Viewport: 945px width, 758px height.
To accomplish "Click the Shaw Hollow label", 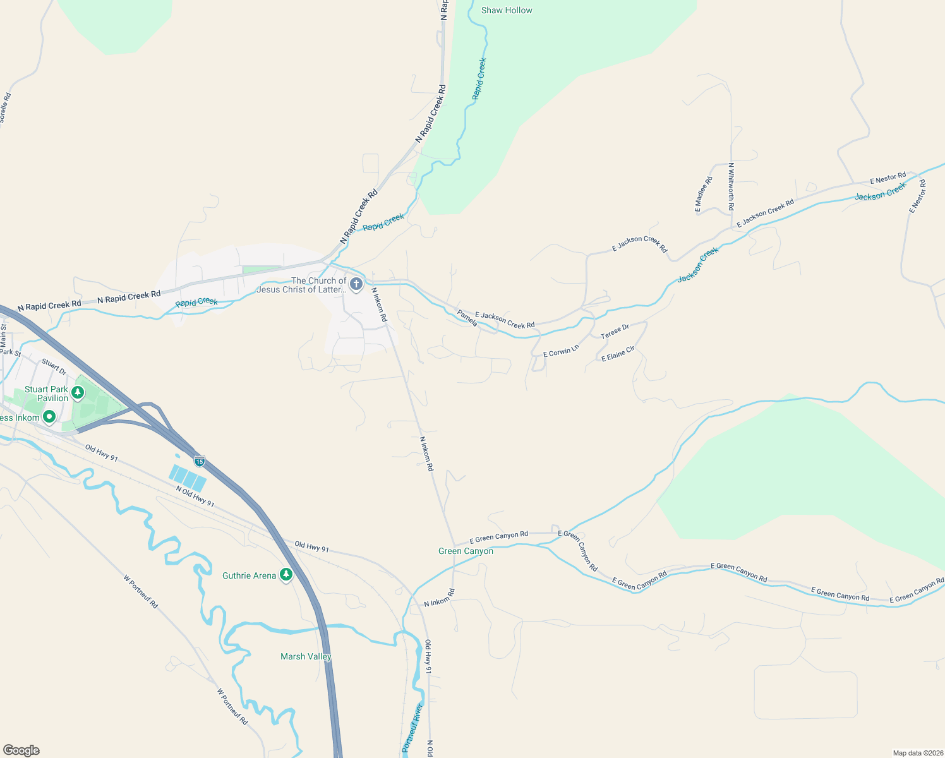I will tap(507, 10).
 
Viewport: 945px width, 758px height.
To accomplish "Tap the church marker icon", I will tap(356, 284).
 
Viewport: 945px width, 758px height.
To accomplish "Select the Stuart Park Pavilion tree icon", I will tap(78, 393).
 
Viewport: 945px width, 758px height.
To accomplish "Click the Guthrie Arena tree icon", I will tap(286, 575).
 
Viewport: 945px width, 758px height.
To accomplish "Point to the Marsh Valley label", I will tap(306, 656).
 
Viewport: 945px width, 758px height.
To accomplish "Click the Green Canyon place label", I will tap(466, 551).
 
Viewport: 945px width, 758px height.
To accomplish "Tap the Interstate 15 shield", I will tap(200, 460).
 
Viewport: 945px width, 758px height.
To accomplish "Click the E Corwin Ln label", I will tap(561, 351).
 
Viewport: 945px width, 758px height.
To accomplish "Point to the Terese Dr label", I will tap(615, 331).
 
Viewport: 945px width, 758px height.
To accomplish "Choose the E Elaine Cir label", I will tap(618, 354).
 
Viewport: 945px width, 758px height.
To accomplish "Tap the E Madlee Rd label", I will tap(703, 194).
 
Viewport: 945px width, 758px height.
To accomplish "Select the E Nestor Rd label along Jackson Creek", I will tap(888, 178).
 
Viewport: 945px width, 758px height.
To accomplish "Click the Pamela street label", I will tap(467, 318).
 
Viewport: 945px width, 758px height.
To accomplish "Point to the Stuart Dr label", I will tap(54, 366).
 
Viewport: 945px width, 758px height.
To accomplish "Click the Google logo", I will tap(21, 750).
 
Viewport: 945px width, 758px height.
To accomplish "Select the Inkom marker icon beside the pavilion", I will tap(49, 417).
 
